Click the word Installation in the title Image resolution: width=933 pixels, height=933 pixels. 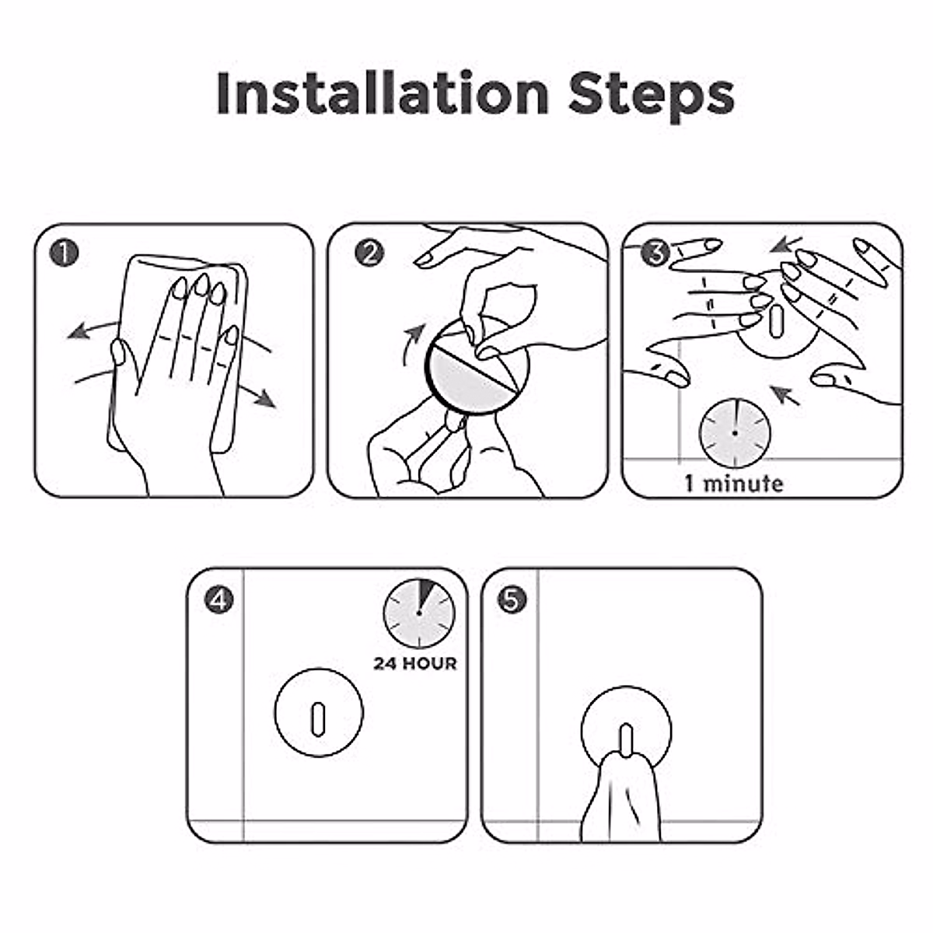click(x=383, y=93)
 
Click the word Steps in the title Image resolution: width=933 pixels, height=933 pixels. click(x=652, y=96)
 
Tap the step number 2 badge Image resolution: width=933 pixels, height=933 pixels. click(x=369, y=253)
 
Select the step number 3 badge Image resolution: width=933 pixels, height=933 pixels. click(x=655, y=253)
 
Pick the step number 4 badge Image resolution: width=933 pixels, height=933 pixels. click(x=218, y=600)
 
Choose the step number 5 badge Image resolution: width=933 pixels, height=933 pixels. click(x=512, y=600)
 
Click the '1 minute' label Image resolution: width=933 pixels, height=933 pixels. click(x=733, y=484)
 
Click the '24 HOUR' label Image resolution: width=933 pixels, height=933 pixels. click(x=415, y=663)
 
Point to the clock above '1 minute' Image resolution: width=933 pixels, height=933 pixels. click(x=735, y=433)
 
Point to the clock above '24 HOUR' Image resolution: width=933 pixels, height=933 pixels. click(x=419, y=613)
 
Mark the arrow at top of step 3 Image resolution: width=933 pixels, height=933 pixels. click(x=786, y=245)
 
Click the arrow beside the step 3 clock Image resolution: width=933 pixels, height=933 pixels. click(x=785, y=395)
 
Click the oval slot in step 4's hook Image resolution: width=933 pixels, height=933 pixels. click(x=318, y=719)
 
